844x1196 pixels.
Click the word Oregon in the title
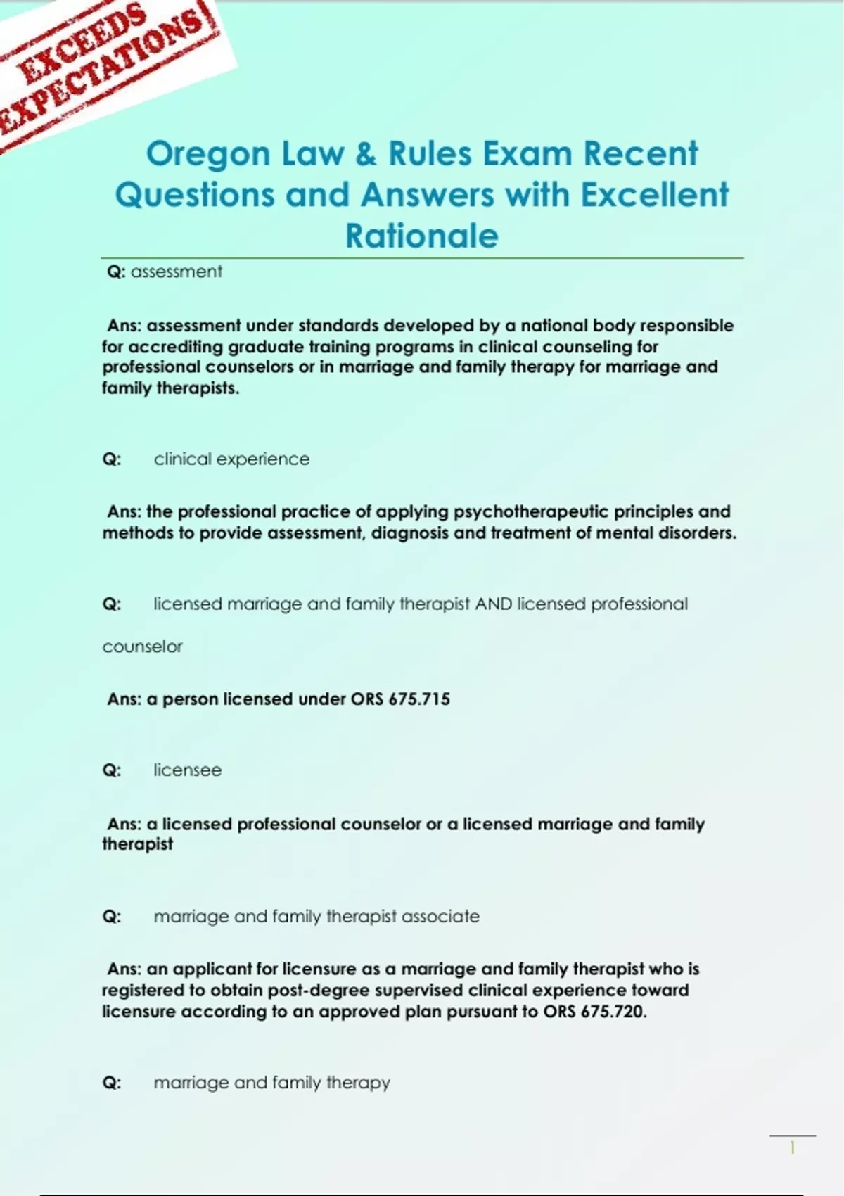[x=208, y=155]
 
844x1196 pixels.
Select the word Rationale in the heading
[x=421, y=236]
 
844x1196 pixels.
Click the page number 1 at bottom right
[x=792, y=1148]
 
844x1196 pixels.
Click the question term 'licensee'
[x=187, y=770]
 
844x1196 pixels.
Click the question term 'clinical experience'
[x=231, y=459]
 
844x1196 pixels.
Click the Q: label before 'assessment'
[x=116, y=272]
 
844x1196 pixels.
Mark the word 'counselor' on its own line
[x=142, y=647]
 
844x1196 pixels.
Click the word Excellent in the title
[x=654, y=195]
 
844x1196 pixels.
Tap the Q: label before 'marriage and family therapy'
[x=112, y=1083]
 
